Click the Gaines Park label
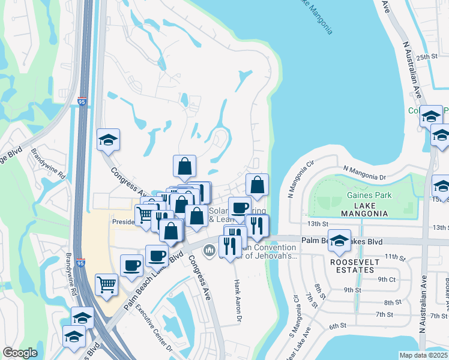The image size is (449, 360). (369, 195)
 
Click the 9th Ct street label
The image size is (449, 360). (387, 279)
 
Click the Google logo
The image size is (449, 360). (20, 353)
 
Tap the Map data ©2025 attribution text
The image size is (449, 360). (424, 355)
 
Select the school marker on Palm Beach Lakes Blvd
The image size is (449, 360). (339, 240)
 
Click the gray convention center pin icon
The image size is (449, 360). (209, 250)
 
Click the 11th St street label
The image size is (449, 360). (395, 257)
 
